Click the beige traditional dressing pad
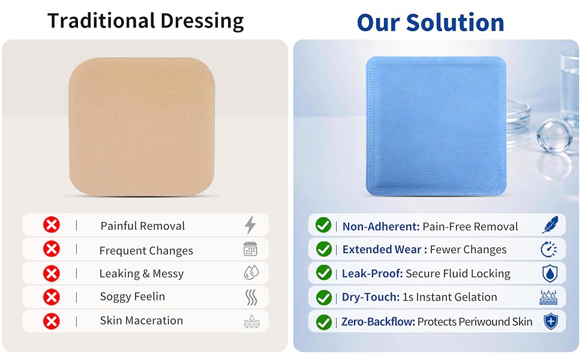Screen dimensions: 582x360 (142, 126)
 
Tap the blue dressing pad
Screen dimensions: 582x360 (436, 126)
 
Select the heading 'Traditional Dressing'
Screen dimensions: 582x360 (145, 21)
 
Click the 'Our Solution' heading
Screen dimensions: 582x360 (431, 22)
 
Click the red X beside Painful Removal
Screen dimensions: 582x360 (51, 225)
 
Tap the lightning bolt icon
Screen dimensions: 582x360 (250, 225)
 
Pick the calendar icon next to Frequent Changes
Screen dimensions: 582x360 (251, 249)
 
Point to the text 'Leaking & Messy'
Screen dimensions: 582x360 (142, 274)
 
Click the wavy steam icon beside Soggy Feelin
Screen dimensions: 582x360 (251, 297)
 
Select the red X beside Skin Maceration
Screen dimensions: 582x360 (51, 321)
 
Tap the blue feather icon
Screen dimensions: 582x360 (550, 225)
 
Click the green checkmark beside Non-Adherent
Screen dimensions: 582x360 (323, 225)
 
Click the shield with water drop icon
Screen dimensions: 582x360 (550, 274)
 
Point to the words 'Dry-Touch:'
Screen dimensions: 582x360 (371, 297)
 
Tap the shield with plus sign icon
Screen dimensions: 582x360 (551, 322)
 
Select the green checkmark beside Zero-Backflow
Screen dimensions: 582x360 (323, 322)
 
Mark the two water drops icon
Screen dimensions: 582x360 (251, 273)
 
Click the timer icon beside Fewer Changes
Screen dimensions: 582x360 (549, 250)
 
